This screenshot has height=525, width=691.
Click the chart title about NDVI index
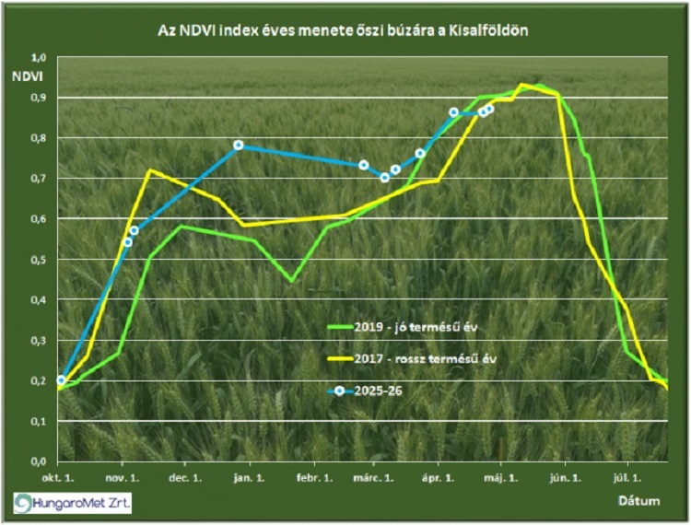345,31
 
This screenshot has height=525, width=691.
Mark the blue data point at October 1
62,380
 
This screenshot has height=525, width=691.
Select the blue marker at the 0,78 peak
239,146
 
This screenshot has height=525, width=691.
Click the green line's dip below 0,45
291,281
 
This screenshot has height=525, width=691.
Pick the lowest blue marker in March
385,178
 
